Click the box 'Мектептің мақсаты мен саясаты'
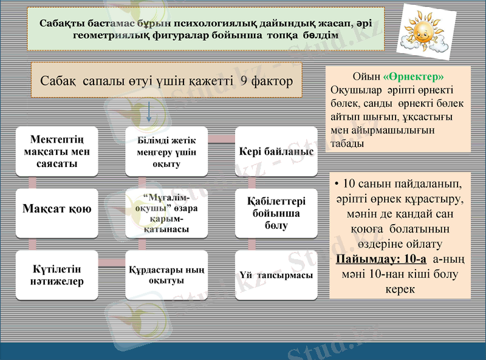coord(56,152)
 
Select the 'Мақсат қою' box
coord(56,209)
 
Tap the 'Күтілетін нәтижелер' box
coord(56,274)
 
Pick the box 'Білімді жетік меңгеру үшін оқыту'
coord(166,152)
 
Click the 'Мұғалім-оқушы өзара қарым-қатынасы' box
coord(166,213)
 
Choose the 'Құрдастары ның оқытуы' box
coord(166,274)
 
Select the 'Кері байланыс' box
coord(276,152)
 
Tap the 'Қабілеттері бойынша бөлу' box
coord(276,212)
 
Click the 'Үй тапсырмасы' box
coord(276,275)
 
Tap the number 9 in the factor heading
coord(244,81)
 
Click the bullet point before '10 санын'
coord(337,183)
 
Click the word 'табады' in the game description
coord(347,144)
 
